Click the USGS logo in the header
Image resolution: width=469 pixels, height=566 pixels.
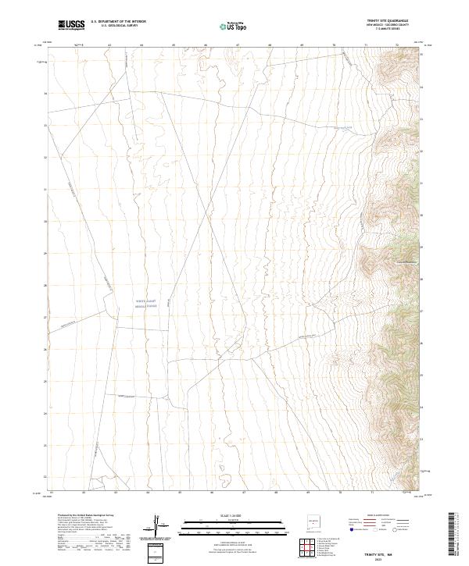[x=70, y=25]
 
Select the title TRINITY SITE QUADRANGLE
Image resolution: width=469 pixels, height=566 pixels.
[x=387, y=20]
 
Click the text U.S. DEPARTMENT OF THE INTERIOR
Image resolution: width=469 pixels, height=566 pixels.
[x=118, y=22]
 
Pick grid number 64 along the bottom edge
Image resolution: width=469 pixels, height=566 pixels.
[x=148, y=493]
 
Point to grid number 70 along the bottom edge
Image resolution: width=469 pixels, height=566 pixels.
[x=340, y=493]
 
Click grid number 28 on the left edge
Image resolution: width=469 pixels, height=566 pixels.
[x=45, y=286]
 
